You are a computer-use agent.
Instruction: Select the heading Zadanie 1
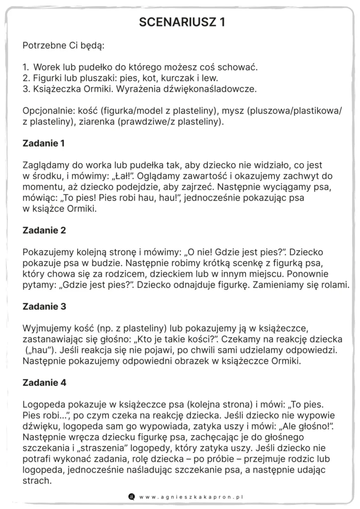(44, 144)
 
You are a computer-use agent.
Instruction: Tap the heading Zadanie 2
(44, 231)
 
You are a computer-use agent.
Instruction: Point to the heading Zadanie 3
(44, 307)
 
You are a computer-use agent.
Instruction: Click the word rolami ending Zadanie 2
(335, 285)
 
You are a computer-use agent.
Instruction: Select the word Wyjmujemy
(46, 329)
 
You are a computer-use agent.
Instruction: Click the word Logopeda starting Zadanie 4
(44, 405)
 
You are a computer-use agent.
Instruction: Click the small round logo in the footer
(131, 496)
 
